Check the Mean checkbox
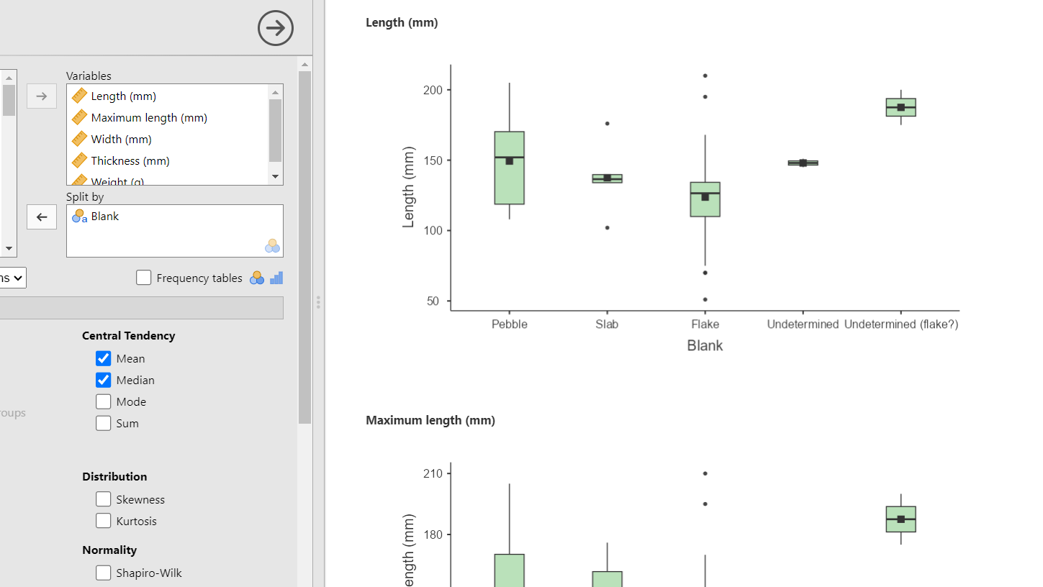pyautogui.click(x=104, y=358)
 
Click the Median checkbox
pyautogui.click(x=104, y=380)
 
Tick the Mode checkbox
pyautogui.click(x=104, y=401)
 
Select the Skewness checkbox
pyautogui.click(x=104, y=499)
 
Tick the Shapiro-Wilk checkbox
pyautogui.click(x=104, y=573)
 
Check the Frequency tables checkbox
pyautogui.click(x=144, y=278)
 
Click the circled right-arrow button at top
pyautogui.click(x=276, y=28)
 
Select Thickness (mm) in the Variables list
pyautogui.click(x=130, y=160)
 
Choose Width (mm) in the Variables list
pyautogui.click(x=121, y=139)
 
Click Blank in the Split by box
pyautogui.click(x=104, y=216)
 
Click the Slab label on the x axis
pyautogui.click(x=607, y=324)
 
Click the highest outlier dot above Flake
pyautogui.click(x=705, y=76)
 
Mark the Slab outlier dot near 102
pyautogui.click(x=607, y=227)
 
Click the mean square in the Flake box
pyautogui.click(x=705, y=197)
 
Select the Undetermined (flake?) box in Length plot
pyautogui.click(x=900, y=107)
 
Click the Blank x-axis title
pyautogui.click(x=705, y=345)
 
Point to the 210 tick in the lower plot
pyautogui.click(x=433, y=473)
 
